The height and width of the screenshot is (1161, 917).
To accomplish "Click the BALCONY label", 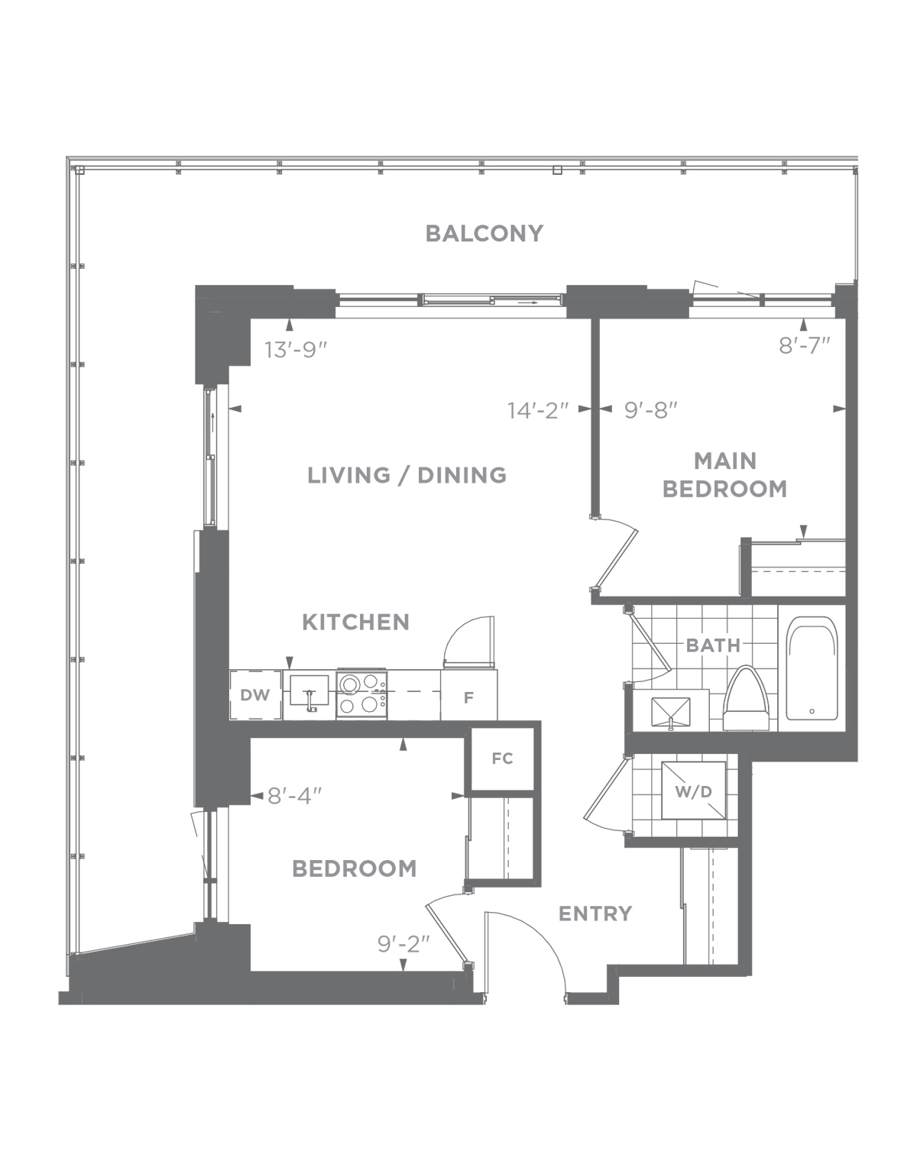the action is [x=484, y=234].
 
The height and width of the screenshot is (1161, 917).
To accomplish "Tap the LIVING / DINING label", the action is [x=407, y=475].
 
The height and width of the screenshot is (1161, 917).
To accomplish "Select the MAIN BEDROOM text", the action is [x=725, y=475].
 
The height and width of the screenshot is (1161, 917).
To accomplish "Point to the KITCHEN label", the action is [x=355, y=622].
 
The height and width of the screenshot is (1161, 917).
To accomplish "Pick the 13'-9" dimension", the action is [x=296, y=350].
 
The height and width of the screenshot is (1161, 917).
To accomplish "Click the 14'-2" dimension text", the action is [x=538, y=411].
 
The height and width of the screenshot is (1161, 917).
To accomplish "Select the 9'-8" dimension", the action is [x=650, y=411].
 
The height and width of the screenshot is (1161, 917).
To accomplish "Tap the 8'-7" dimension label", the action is [x=804, y=345].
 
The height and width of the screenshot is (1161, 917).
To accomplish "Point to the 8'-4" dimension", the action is [x=295, y=796].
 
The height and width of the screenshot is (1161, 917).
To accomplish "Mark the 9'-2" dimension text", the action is [x=403, y=944].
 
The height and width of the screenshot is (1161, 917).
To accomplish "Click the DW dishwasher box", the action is [x=256, y=695].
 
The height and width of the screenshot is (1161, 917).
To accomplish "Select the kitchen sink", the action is [x=309, y=690].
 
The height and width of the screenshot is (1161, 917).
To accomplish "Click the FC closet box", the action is [x=503, y=759].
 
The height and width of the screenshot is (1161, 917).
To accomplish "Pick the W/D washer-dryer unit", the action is [x=694, y=791].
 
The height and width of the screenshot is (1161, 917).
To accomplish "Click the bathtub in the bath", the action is [x=812, y=668].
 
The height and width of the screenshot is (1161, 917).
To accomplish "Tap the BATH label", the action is [x=713, y=645].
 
